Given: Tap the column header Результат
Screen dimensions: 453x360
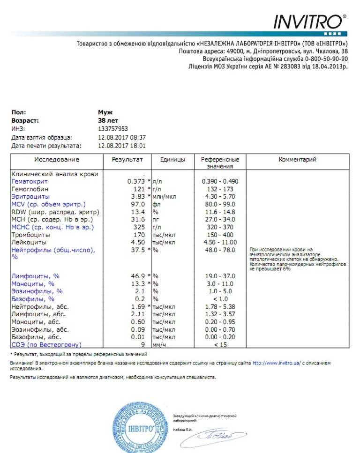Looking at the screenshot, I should click(x=127, y=160).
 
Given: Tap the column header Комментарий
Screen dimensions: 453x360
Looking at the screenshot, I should click(x=298, y=160).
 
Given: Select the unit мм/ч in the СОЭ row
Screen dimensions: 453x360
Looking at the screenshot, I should click(x=159, y=345).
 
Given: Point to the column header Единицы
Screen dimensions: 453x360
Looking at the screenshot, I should click(x=172, y=160).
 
